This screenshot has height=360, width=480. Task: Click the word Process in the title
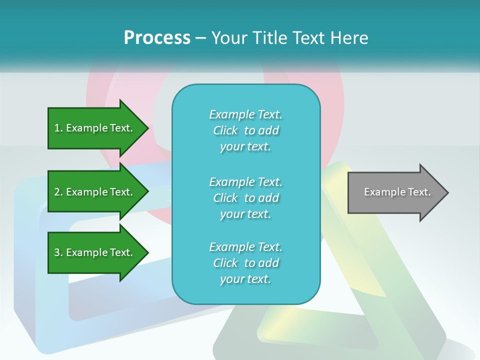(157, 38)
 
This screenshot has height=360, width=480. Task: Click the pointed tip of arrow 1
(147, 128)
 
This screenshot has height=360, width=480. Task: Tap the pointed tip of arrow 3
(147, 252)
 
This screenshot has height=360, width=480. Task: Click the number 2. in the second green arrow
(58, 192)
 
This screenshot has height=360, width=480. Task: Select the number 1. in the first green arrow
(58, 128)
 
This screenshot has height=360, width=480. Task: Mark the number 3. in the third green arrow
(58, 252)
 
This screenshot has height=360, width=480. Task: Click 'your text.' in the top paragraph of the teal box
(245, 147)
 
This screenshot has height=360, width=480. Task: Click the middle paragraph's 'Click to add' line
(245, 198)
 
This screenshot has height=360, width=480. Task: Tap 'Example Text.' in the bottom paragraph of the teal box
(245, 247)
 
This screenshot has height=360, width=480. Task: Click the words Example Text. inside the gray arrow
(397, 192)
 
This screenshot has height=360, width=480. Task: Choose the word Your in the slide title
(229, 38)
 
